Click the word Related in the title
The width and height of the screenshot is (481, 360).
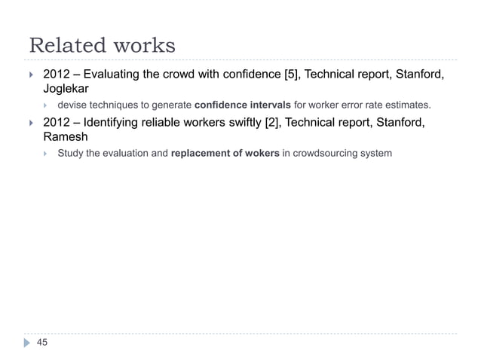pyautogui.click(x=66, y=46)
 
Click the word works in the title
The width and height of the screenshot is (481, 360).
pyautogui.click(x=143, y=46)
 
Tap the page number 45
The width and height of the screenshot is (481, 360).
pyautogui.click(x=41, y=343)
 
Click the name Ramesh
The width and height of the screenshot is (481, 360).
pyautogui.click(x=66, y=138)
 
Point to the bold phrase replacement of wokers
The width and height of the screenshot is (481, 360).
pyautogui.click(x=225, y=154)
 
